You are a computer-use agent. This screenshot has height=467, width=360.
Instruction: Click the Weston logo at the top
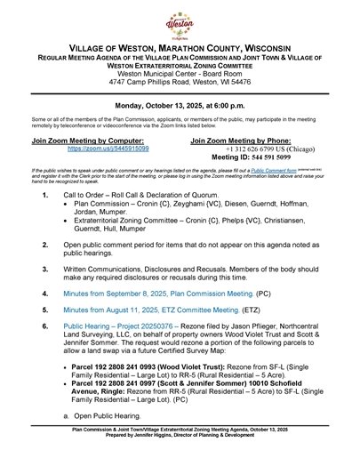coord(180,22)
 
